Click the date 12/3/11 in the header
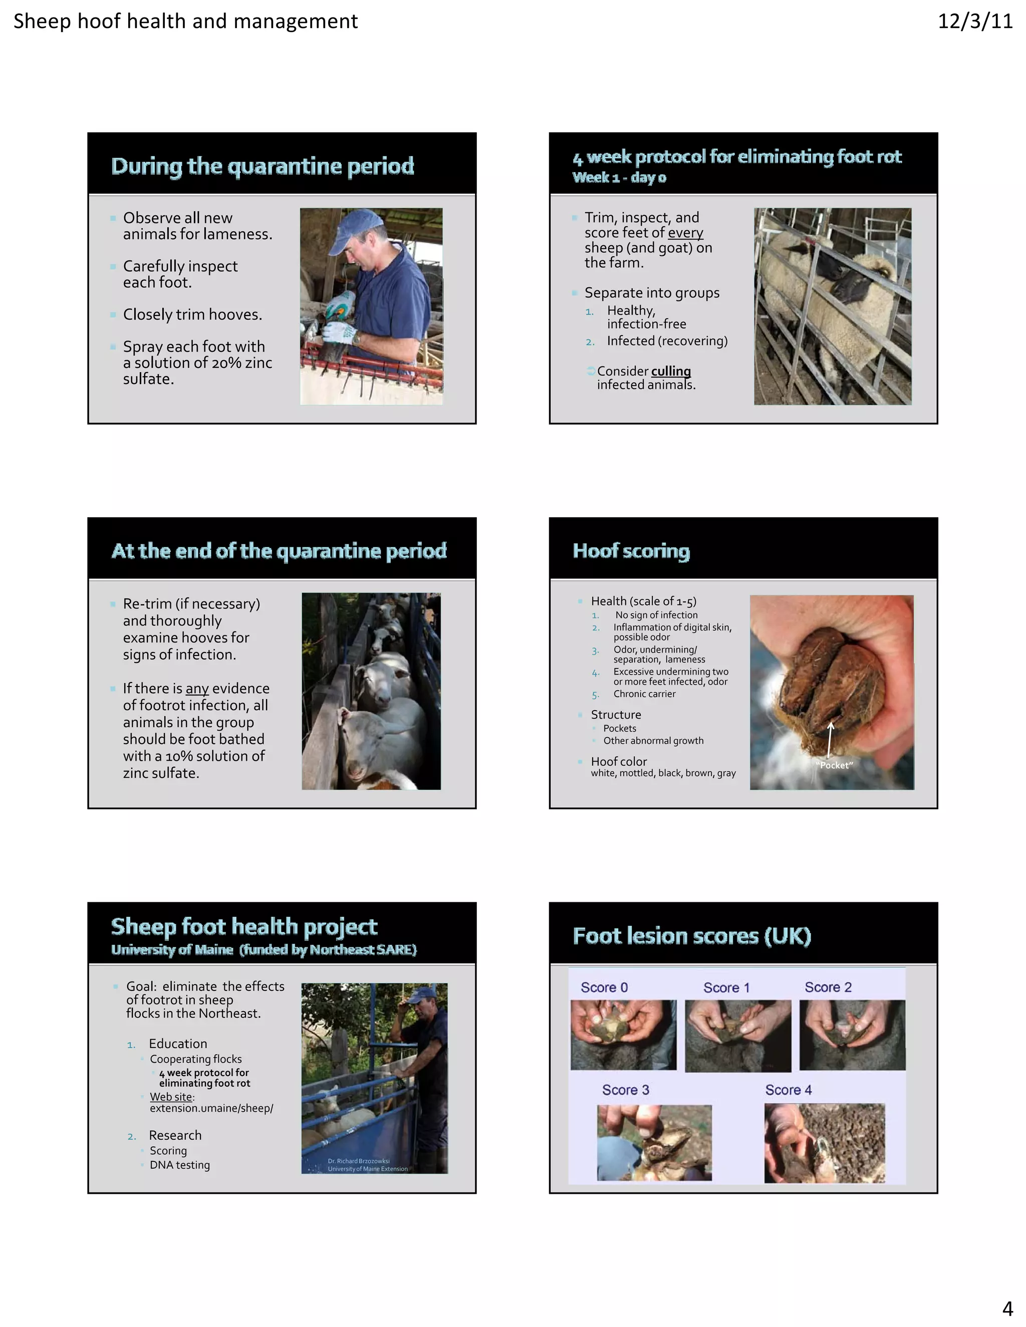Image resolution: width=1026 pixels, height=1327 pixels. pyautogui.click(x=974, y=21)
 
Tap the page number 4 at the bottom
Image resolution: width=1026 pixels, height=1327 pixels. pyautogui.click(x=1007, y=1307)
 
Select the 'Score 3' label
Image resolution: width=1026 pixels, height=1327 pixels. pyautogui.click(x=625, y=1090)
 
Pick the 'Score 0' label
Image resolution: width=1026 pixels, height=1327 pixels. pyautogui.click(x=604, y=987)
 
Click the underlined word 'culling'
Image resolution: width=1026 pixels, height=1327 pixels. pyautogui.click(x=670, y=371)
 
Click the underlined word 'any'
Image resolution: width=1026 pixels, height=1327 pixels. pyautogui.click(x=197, y=689)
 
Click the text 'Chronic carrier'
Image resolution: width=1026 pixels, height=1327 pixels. pyautogui.click(x=644, y=694)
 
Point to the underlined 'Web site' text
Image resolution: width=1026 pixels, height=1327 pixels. pyautogui.click(x=171, y=1097)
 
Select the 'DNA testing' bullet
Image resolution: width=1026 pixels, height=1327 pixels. pyautogui.click(x=179, y=1165)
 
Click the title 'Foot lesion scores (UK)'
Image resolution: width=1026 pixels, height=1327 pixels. pyautogui.click(x=692, y=936)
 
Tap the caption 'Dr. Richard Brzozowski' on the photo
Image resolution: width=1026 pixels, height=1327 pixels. pyautogui.click(x=359, y=1161)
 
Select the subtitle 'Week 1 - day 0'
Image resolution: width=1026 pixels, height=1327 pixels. pyautogui.click(x=619, y=177)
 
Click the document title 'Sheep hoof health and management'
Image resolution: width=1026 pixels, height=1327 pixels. pyautogui.click(x=185, y=21)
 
